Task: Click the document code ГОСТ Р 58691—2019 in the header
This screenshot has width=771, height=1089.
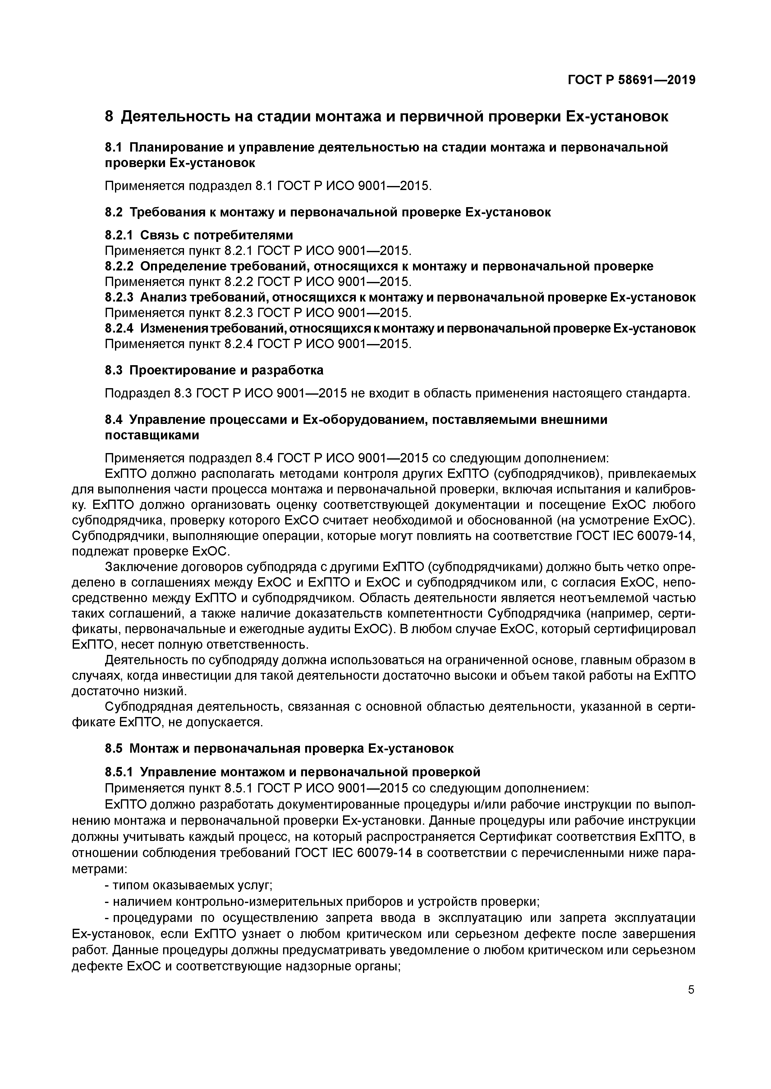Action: (631, 80)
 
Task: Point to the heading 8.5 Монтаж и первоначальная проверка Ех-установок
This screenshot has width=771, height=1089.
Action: (279, 748)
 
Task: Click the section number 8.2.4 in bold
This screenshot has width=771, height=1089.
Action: (119, 328)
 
